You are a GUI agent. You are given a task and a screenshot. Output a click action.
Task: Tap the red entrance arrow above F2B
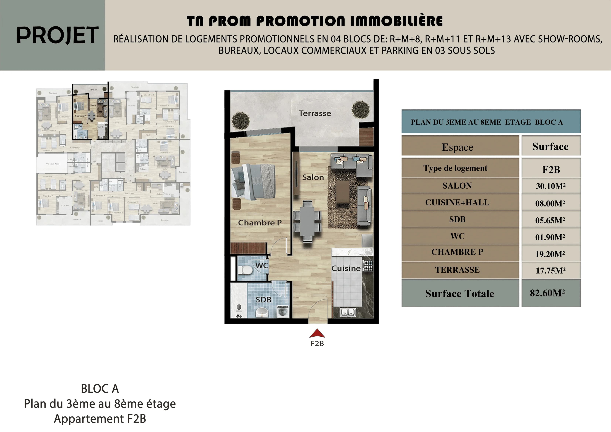point(317,333)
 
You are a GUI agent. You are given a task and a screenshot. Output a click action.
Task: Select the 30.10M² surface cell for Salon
point(551,186)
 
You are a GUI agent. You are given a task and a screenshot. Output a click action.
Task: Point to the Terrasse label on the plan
point(315,113)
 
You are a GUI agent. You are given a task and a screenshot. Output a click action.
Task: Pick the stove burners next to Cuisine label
point(368,265)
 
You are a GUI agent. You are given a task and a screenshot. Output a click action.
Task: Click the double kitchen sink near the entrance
point(348,312)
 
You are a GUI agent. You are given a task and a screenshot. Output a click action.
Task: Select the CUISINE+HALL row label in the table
point(457,203)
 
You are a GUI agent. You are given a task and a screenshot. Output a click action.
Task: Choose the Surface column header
point(550,146)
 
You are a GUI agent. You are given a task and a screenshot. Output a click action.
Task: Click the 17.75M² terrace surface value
point(551,270)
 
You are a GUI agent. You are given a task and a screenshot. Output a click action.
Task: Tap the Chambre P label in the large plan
point(260,223)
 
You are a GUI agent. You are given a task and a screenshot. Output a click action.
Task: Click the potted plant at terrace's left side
point(241,121)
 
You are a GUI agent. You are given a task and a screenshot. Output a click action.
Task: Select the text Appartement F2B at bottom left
point(100,419)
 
